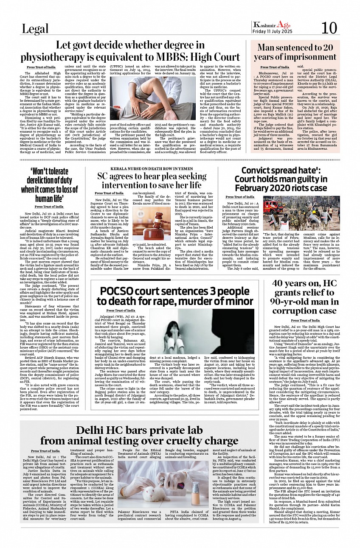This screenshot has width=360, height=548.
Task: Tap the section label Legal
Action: click(36, 29)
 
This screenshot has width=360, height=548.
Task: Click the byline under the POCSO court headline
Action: click(121, 310)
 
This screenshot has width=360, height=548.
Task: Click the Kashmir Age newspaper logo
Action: click(270, 24)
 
